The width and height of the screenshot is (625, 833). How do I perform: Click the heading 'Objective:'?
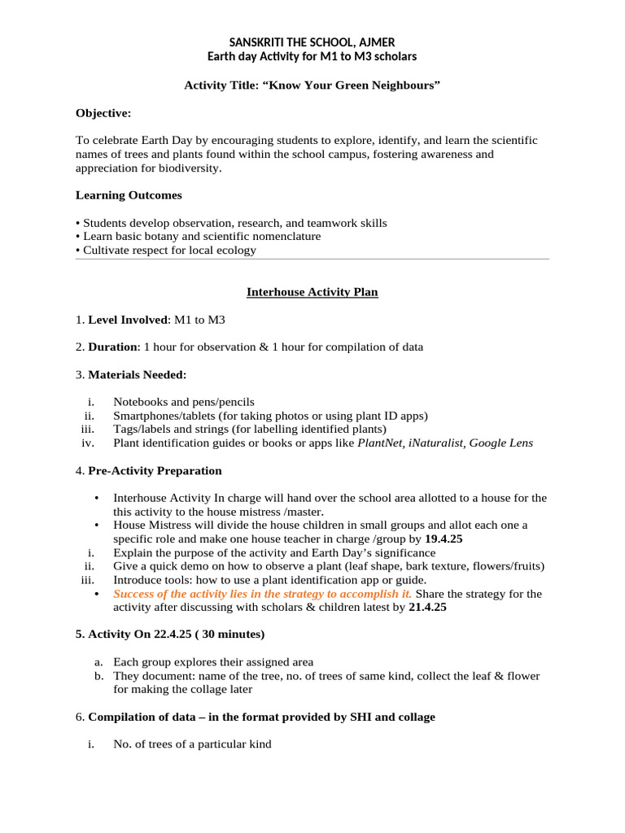[x=103, y=112]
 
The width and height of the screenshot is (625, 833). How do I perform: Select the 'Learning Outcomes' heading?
[x=129, y=195]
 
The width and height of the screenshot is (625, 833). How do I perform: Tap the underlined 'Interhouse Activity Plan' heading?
[x=312, y=292]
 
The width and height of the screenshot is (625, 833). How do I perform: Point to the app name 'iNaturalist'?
[x=439, y=443]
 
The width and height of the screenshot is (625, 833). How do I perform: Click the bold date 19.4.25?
[x=444, y=539]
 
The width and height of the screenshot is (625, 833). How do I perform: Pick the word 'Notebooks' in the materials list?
[x=139, y=402]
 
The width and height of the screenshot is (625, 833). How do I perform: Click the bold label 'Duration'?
[x=113, y=347]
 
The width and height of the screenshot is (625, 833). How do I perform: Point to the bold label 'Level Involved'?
[x=126, y=320]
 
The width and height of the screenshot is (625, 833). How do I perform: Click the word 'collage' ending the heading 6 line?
[x=416, y=717]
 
